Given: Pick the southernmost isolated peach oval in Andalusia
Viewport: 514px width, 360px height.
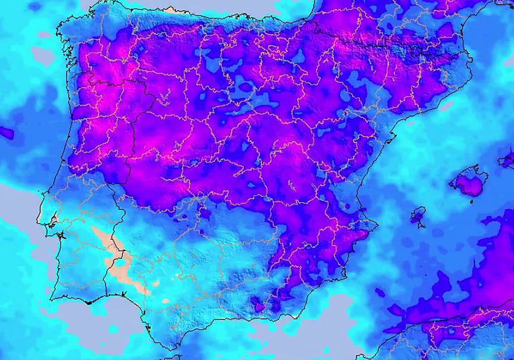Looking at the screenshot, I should coord(165,301).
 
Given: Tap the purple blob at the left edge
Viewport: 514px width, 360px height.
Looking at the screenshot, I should coord(6,133).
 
